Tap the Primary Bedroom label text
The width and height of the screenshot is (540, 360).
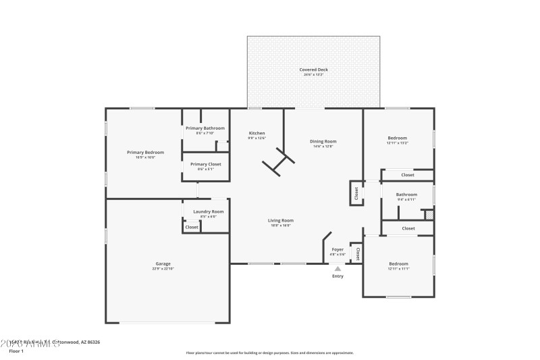tap(145, 153)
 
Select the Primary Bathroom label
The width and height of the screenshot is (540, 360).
tap(205, 128)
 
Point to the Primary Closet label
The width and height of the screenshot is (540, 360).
tap(205, 164)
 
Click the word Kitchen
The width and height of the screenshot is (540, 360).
tap(256, 133)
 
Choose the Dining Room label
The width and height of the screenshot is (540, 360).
tap(323, 141)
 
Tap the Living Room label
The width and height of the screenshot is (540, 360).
tap(281, 220)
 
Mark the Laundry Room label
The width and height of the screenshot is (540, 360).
tap(208, 211)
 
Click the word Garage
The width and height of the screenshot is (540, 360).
tap(163, 263)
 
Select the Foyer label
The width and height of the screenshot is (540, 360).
tap(337, 249)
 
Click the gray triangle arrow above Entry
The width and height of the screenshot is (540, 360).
tap(337, 268)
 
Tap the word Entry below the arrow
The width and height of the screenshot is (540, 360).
tap(337, 276)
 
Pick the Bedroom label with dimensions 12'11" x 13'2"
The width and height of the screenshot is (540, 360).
tap(397, 138)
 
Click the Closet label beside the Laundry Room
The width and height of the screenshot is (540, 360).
tap(192, 227)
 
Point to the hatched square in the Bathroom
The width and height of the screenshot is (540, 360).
tap(427, 214)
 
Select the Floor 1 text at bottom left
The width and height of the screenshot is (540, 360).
tap(16, 351)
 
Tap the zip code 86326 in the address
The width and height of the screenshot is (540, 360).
tap(92, 342)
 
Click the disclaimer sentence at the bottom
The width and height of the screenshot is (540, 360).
tap(269, 353)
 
